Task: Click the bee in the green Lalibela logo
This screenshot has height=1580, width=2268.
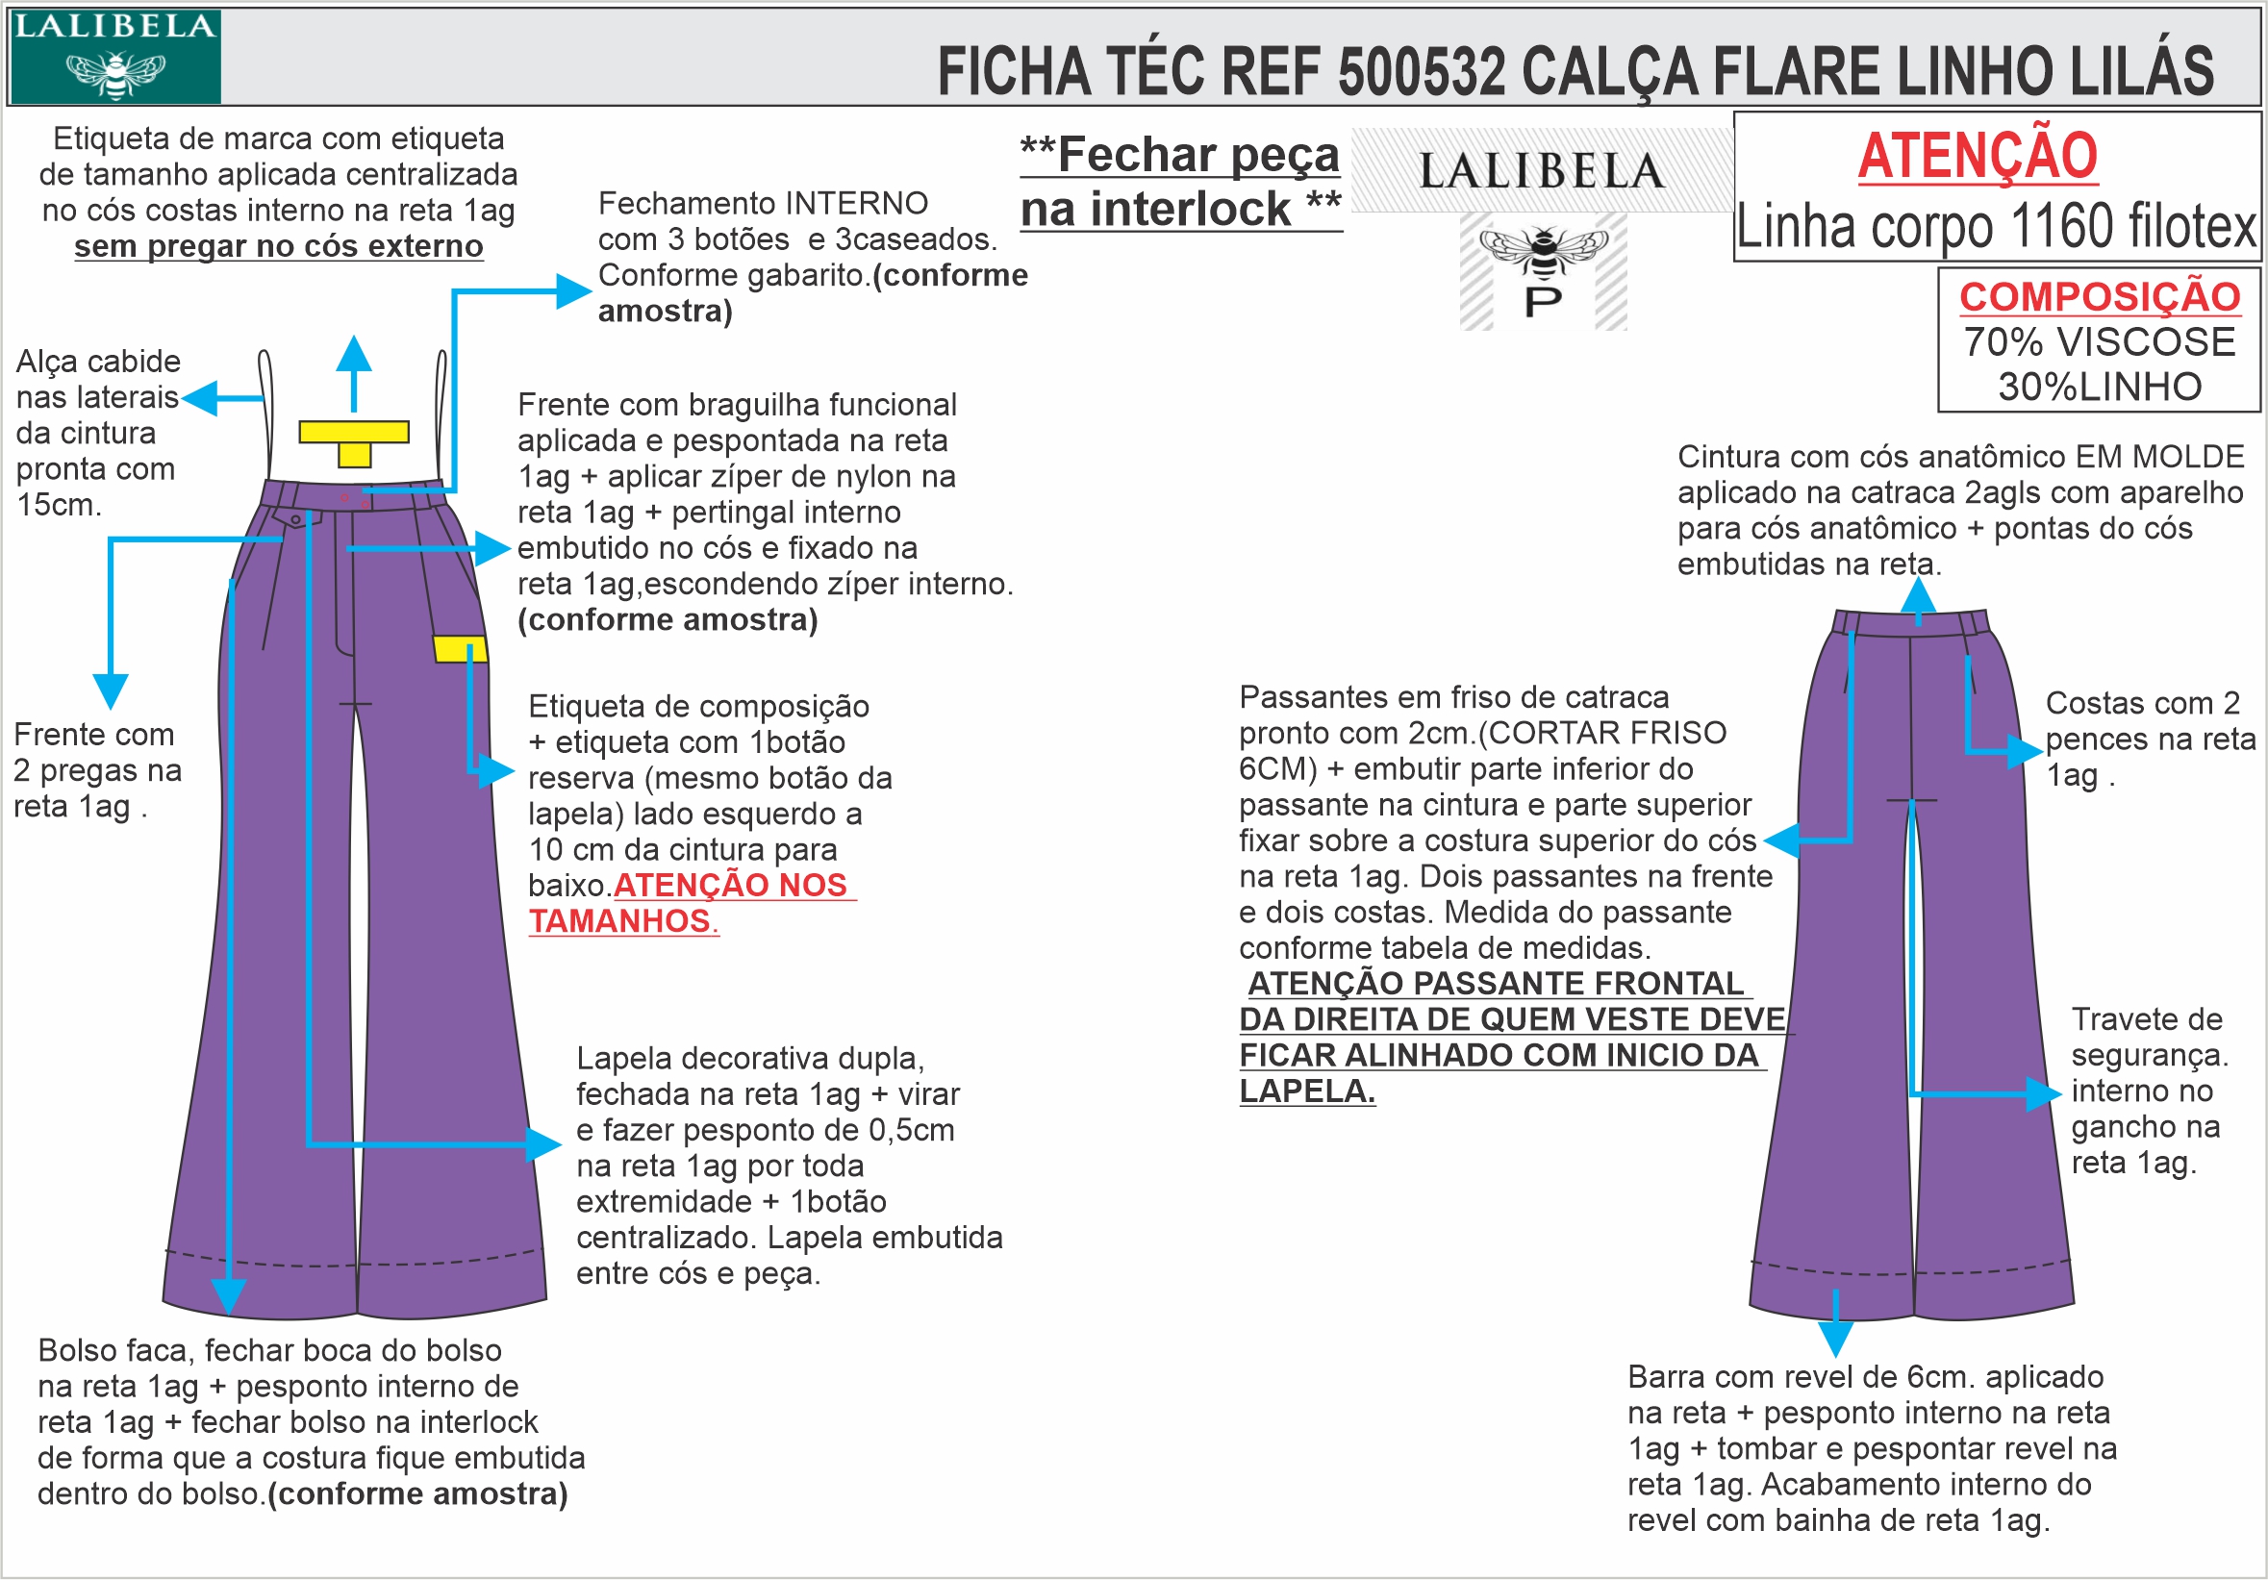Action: (x=115, y=73)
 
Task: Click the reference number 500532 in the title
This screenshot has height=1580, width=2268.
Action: (x=1422, y=72)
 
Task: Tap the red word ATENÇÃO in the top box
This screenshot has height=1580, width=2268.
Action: (x=1978, y=156)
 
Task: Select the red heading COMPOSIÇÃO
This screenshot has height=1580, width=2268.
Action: (x=2099, y=296)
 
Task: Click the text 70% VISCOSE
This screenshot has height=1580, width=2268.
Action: (x=2099, y=341)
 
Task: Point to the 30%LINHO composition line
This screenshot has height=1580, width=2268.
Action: (x=2099, y=387)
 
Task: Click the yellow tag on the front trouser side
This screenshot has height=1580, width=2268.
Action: (x=460, y=649)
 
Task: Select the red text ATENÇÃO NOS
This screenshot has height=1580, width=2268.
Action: (x=731, y=885)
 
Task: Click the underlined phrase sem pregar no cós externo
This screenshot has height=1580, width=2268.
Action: (x=279, y=246)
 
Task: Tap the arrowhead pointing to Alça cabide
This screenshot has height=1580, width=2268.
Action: (x=197, y=399)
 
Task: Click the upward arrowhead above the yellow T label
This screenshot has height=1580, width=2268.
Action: (x=354, y=353)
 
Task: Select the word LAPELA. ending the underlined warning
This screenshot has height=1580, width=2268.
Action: (x=1307, y=1091)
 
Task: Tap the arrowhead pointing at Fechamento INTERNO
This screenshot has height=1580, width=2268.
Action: (x=574, y=291)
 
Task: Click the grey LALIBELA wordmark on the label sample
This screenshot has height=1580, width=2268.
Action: (x=1542, y=172)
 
